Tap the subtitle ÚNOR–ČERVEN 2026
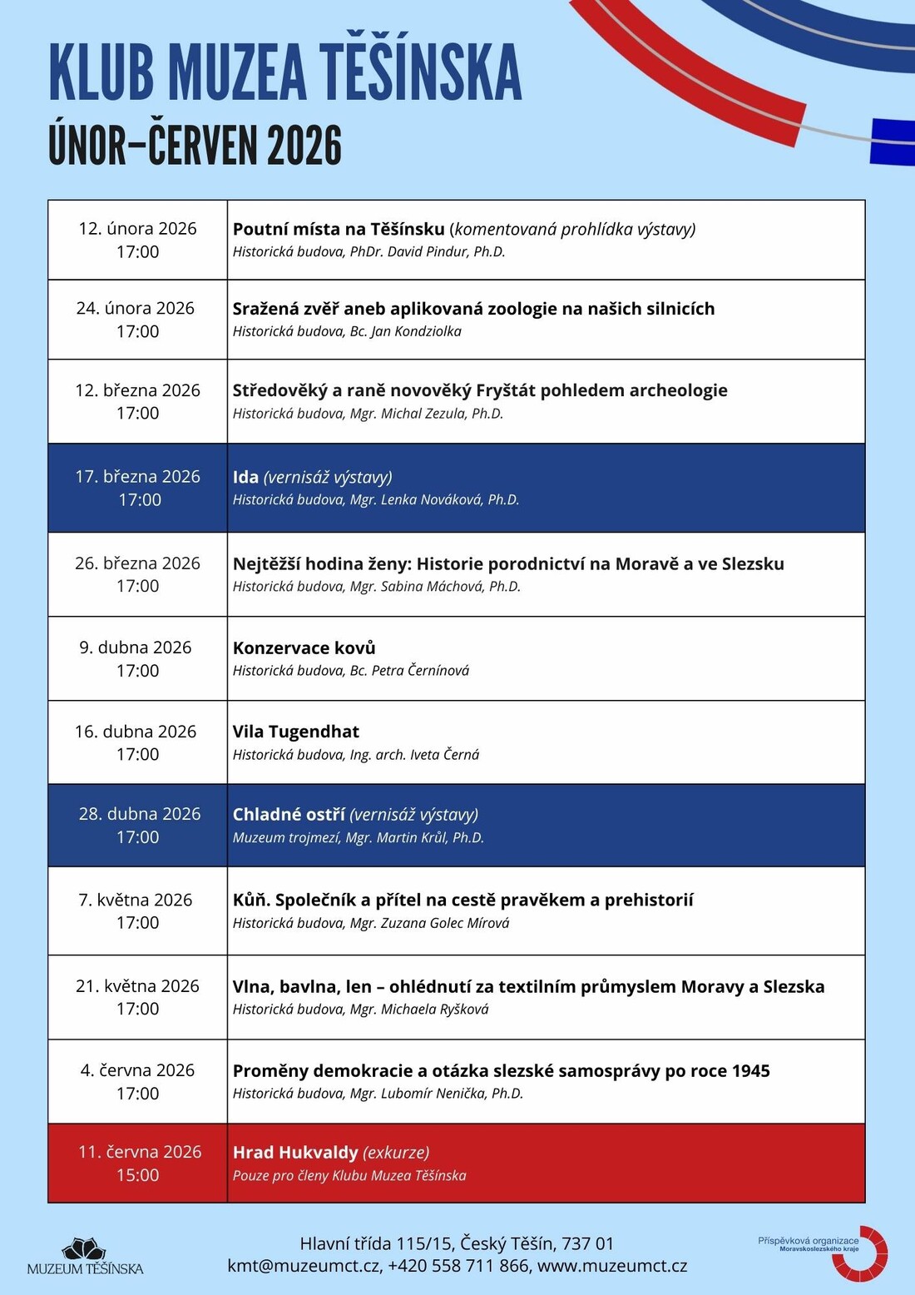click(195, 146)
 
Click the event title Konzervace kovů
click(304, 647)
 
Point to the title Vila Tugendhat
click(295, 732)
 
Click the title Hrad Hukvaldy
click(295, 1152)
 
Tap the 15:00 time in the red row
click(137, 1175)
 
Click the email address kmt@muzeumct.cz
click(304, 1266)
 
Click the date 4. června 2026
click(137, 1070)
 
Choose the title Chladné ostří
click(289, 814)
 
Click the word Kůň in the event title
click(249, 900)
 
